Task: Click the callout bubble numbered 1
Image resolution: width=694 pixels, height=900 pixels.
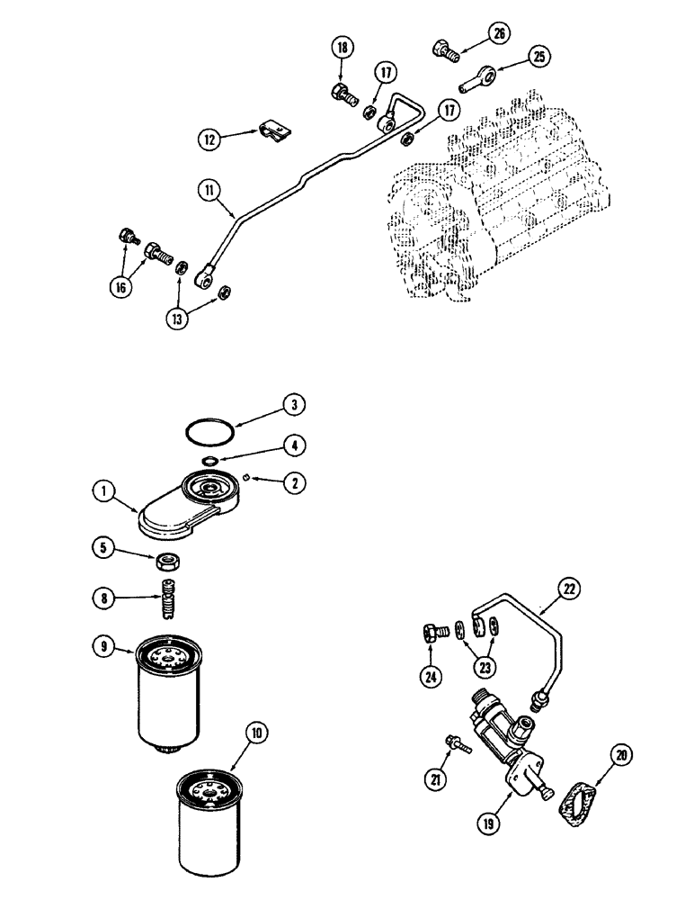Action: pyautogui.click(x=105, y=491)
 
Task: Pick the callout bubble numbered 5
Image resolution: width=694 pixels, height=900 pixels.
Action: pyautogui.click(x=105, y=545)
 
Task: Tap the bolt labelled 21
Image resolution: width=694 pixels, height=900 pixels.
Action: pyautogui.click(x=457, y=743)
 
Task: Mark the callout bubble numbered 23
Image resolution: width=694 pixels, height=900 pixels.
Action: pyautogui.click(x=486, y=669)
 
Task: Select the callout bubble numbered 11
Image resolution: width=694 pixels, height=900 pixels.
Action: pyautogui.click(x=209, y=191)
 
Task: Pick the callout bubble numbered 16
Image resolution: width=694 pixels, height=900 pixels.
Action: pyautogui.click(x=117, y=287)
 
